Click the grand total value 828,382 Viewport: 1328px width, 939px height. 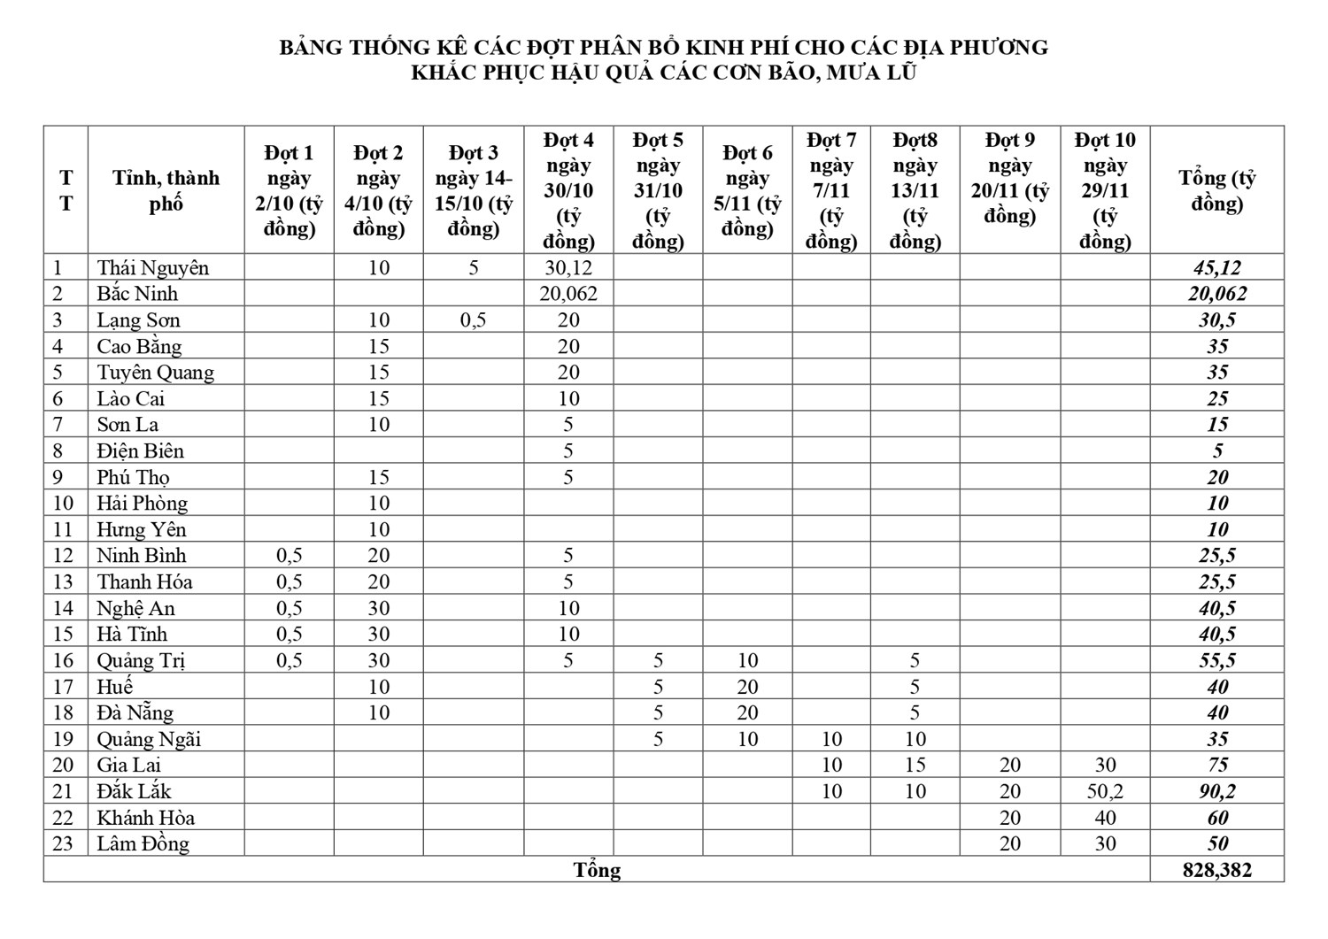point(1217,870)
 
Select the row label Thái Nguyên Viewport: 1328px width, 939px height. point(152,267)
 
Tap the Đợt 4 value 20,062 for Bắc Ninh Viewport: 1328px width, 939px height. point(568,294)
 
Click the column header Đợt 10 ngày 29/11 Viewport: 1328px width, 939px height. point(1105,190)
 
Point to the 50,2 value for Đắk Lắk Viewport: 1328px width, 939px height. point(1105,791)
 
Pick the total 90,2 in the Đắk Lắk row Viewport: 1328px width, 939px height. point(1217,791)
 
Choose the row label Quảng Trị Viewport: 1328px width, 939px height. point(141,660)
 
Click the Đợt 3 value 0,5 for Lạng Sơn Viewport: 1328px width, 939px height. point(473,319)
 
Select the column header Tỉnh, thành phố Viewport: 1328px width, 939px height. point(166,190)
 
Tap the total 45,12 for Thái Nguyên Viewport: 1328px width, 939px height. point(1217,267)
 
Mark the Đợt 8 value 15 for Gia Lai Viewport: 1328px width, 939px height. point(915,765)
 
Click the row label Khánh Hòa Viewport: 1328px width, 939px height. point(145,818)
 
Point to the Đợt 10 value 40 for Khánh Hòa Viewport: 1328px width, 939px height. point(1105,818)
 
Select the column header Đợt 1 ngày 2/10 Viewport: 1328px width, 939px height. point(289,190)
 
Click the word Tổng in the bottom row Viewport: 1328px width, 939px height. point(597,870)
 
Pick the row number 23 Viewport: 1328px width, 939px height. point(63,843)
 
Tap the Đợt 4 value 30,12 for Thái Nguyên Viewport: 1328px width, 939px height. point(568,267)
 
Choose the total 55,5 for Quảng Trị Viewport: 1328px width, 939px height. point(1217,660)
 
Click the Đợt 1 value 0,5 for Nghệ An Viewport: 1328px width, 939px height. point(289,608)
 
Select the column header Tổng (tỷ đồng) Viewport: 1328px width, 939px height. point(1217,190)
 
